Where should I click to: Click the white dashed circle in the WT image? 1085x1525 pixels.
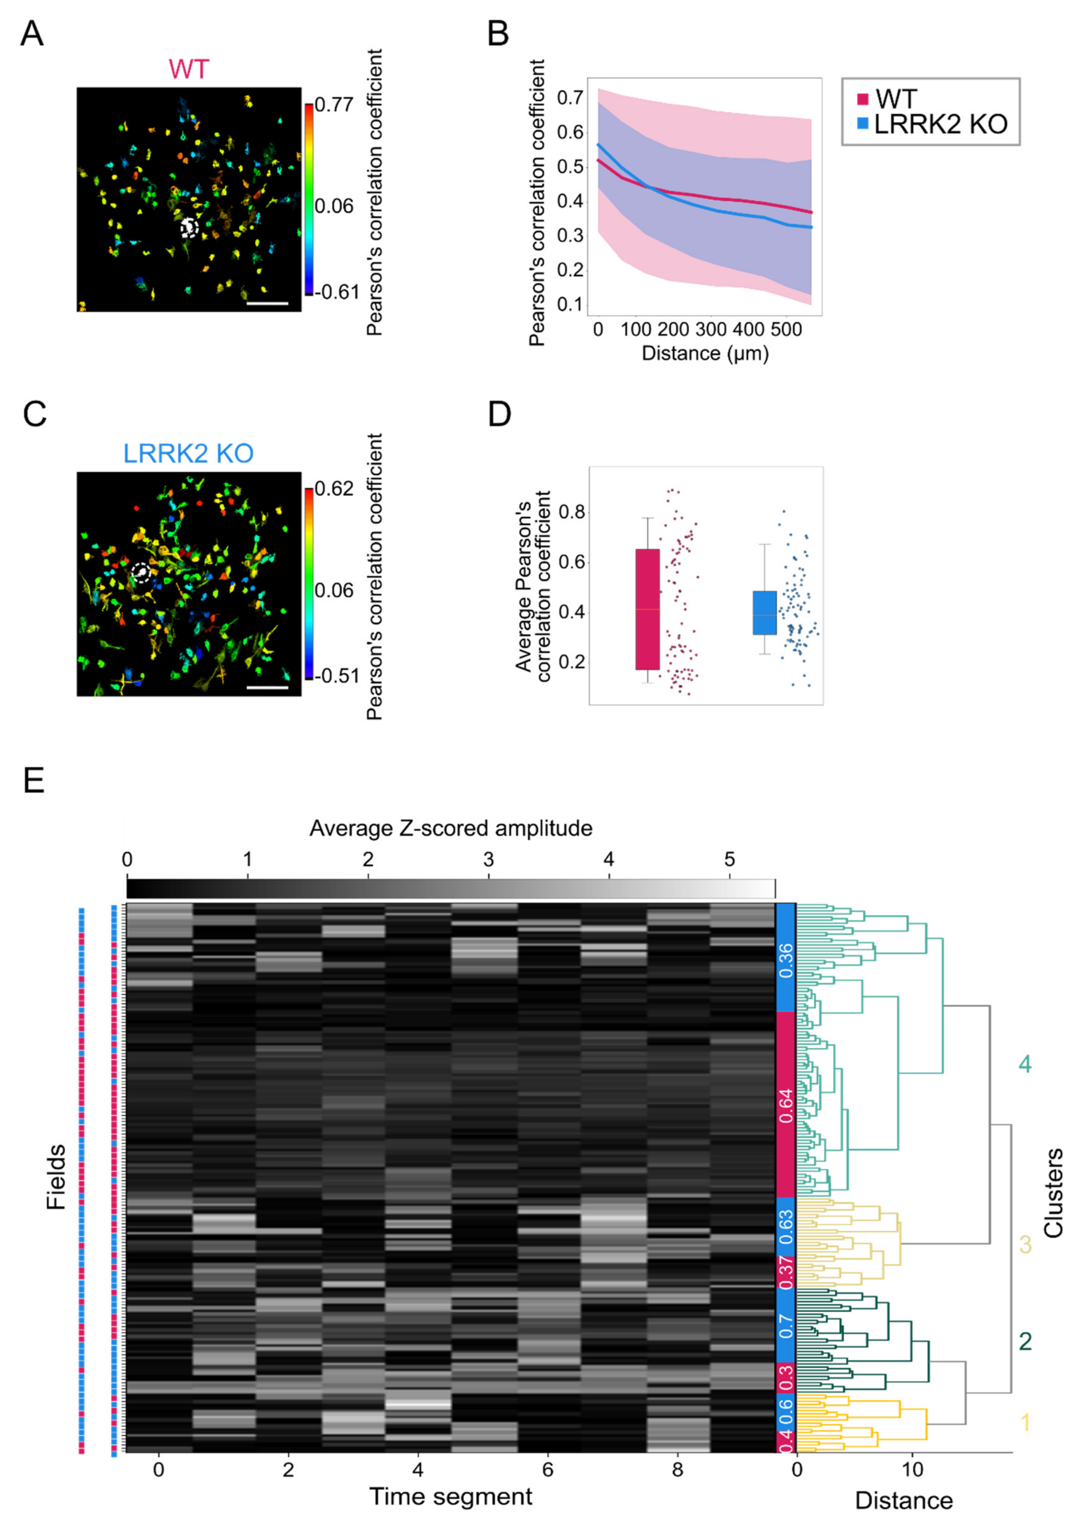(190, 228)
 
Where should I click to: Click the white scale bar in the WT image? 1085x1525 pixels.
(267, 303)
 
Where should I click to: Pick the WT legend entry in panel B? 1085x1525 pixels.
(889, 98)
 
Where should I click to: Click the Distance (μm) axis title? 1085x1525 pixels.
(705, 353)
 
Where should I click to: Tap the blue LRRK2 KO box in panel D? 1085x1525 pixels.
(764, 612)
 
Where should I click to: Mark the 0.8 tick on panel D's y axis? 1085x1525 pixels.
(571, 513)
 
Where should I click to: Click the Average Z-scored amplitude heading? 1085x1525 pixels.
(451, 829)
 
